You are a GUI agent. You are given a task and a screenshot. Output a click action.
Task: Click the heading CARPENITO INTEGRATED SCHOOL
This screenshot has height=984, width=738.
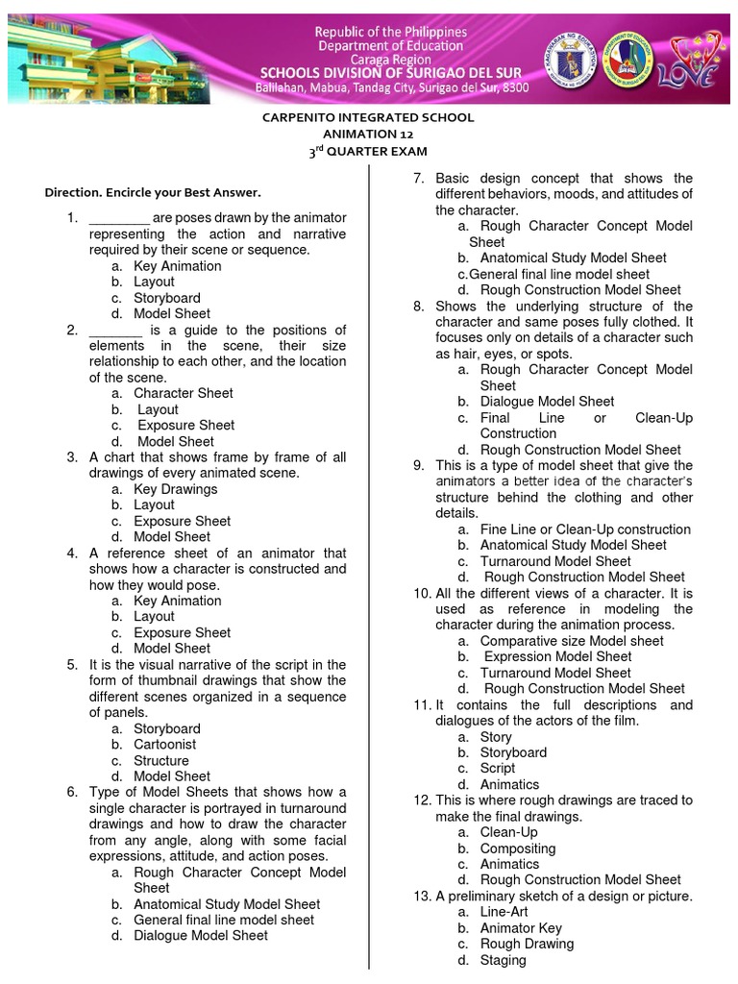[368, 117]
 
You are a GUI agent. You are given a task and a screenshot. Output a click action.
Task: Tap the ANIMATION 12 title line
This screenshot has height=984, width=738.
[368, 135]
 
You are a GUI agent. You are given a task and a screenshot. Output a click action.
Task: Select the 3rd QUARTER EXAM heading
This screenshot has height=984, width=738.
[368, 152]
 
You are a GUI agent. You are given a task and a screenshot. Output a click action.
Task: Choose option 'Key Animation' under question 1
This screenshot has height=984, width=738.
[177, 266]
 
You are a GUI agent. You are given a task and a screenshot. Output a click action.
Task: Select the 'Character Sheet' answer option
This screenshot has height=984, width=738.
[183, 393]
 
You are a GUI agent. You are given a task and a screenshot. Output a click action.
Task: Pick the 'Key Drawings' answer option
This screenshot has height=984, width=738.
[175, 489]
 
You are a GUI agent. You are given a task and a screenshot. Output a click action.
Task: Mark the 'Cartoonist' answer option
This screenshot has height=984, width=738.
[165, 745]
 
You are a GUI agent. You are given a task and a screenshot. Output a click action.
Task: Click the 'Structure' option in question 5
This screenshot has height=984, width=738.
[161, 760]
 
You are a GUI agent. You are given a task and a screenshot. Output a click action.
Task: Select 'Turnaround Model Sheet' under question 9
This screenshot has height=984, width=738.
[555, 561]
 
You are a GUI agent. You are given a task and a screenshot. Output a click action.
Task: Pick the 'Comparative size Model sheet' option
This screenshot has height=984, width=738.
[572, 641]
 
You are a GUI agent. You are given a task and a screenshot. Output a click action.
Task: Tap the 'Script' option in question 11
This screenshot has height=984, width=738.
[498, 769]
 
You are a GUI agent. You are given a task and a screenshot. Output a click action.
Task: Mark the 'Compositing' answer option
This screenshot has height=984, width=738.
[517, 849]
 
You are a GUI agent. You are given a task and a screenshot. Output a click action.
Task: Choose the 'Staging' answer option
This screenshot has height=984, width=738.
[503, 960]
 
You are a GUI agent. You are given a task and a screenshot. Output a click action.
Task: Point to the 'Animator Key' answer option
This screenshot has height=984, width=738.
[521, 928]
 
